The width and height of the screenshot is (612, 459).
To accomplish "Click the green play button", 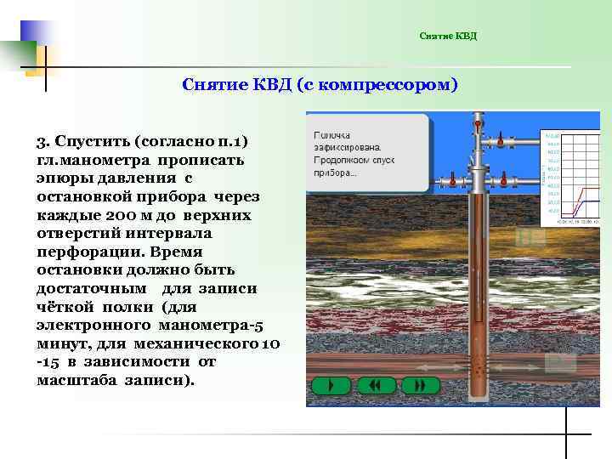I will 331,385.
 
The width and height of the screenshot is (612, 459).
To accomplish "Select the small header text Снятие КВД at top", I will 448,36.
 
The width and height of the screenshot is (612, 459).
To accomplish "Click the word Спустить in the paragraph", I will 89,139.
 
